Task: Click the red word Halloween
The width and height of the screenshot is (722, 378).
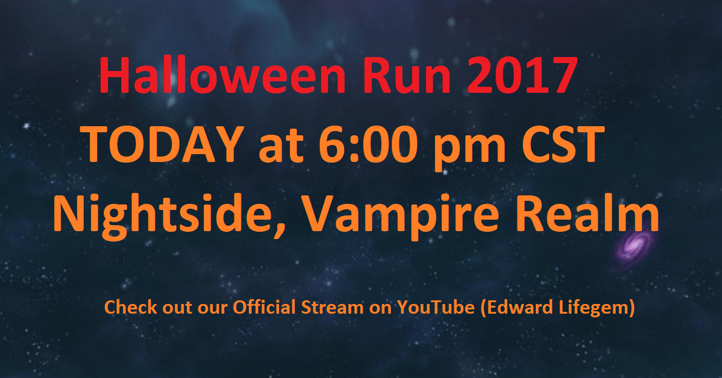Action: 223,75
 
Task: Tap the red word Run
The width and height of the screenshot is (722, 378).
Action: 406,76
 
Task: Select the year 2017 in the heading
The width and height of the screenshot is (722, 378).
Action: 522,75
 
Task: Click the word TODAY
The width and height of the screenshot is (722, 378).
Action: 163,144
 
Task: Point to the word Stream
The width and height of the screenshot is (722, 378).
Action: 332,307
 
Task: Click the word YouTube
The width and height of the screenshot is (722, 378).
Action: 436,307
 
